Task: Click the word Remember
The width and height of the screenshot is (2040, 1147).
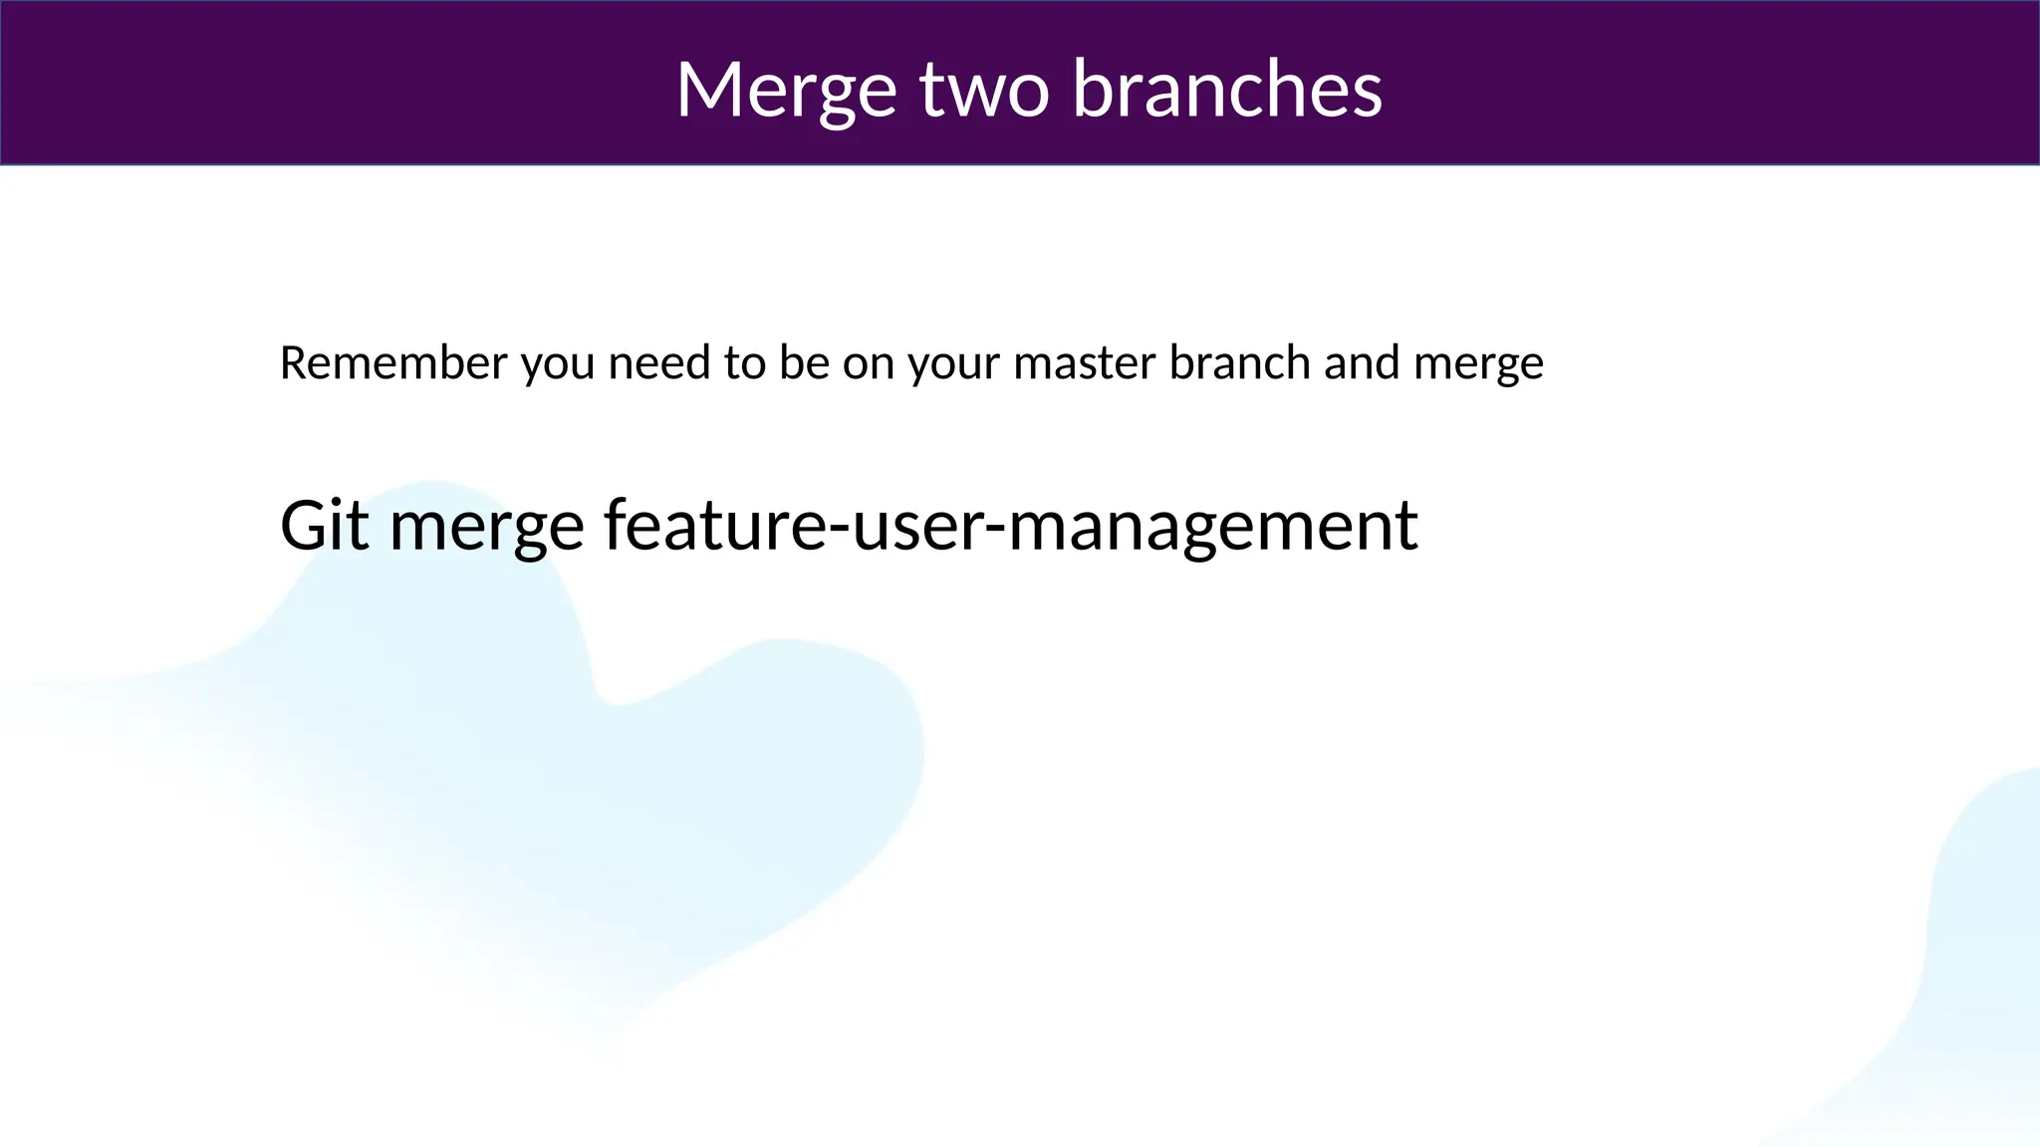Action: coord(393,362)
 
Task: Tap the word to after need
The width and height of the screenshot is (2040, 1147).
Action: coord(744,362)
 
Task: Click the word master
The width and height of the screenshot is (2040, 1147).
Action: coord(1084,362)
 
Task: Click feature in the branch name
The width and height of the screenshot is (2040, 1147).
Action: coord(714,525)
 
